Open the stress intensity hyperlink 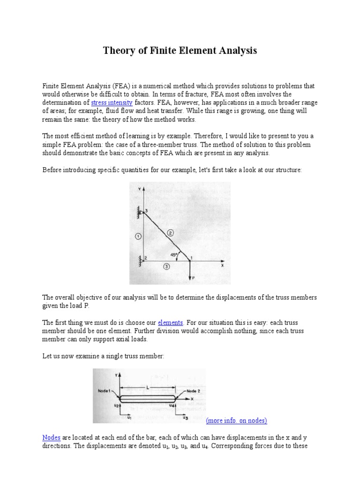click(x=112, y=102)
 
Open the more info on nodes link click(x=236, y=420)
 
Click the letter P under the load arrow click(x=193, y=278)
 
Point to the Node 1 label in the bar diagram click(x=105, y=390)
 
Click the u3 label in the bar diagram click(x=186, y=416)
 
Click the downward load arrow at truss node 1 click(x=189, y=270)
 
